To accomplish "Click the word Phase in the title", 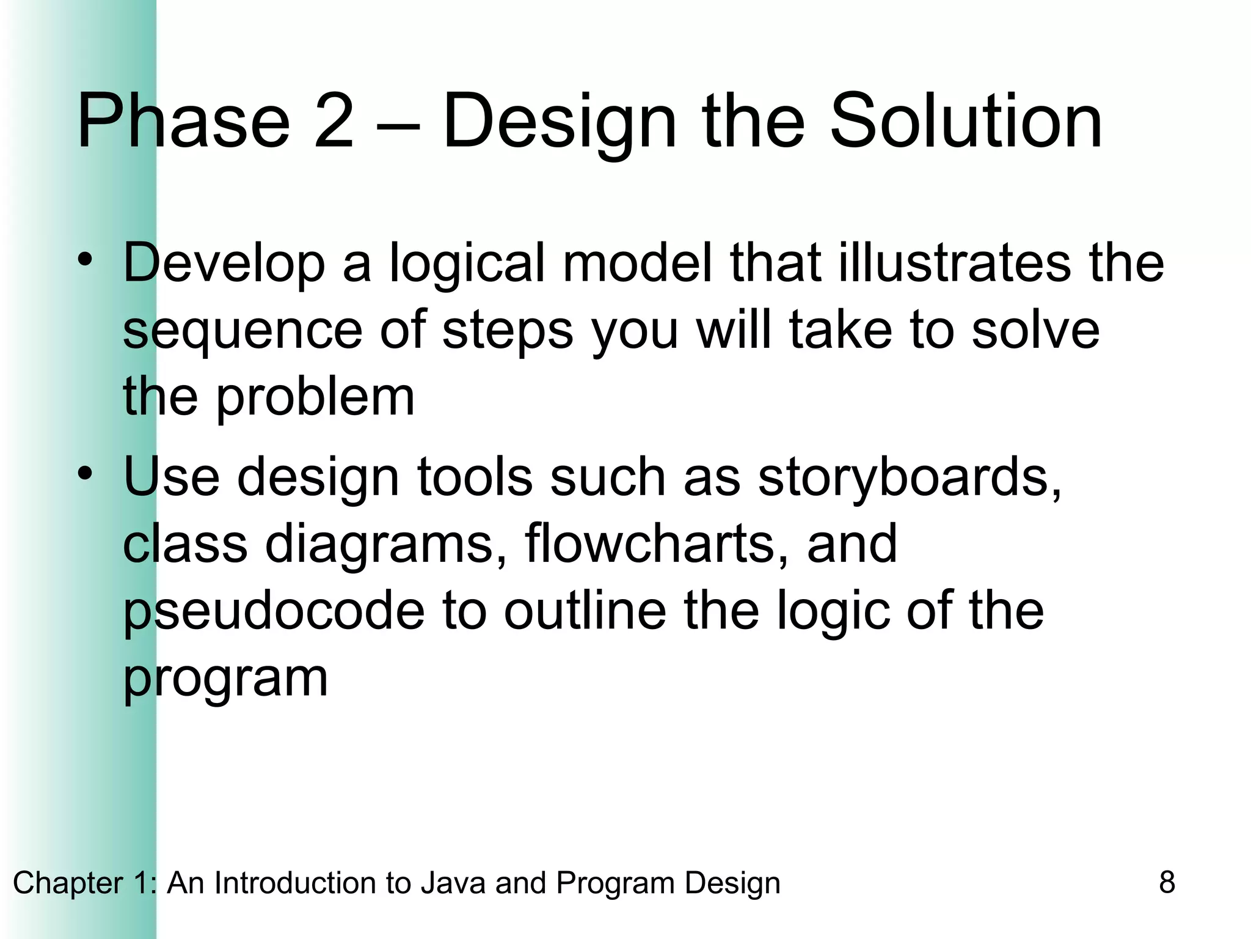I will pos(183,120).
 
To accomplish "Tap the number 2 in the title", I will pos(334,120).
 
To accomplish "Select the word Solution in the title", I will pos(966,120).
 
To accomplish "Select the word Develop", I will pos(224,264).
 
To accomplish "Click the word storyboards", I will pos(910,478).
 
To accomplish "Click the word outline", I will pos(585,611).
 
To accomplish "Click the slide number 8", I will pos(1167,883).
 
